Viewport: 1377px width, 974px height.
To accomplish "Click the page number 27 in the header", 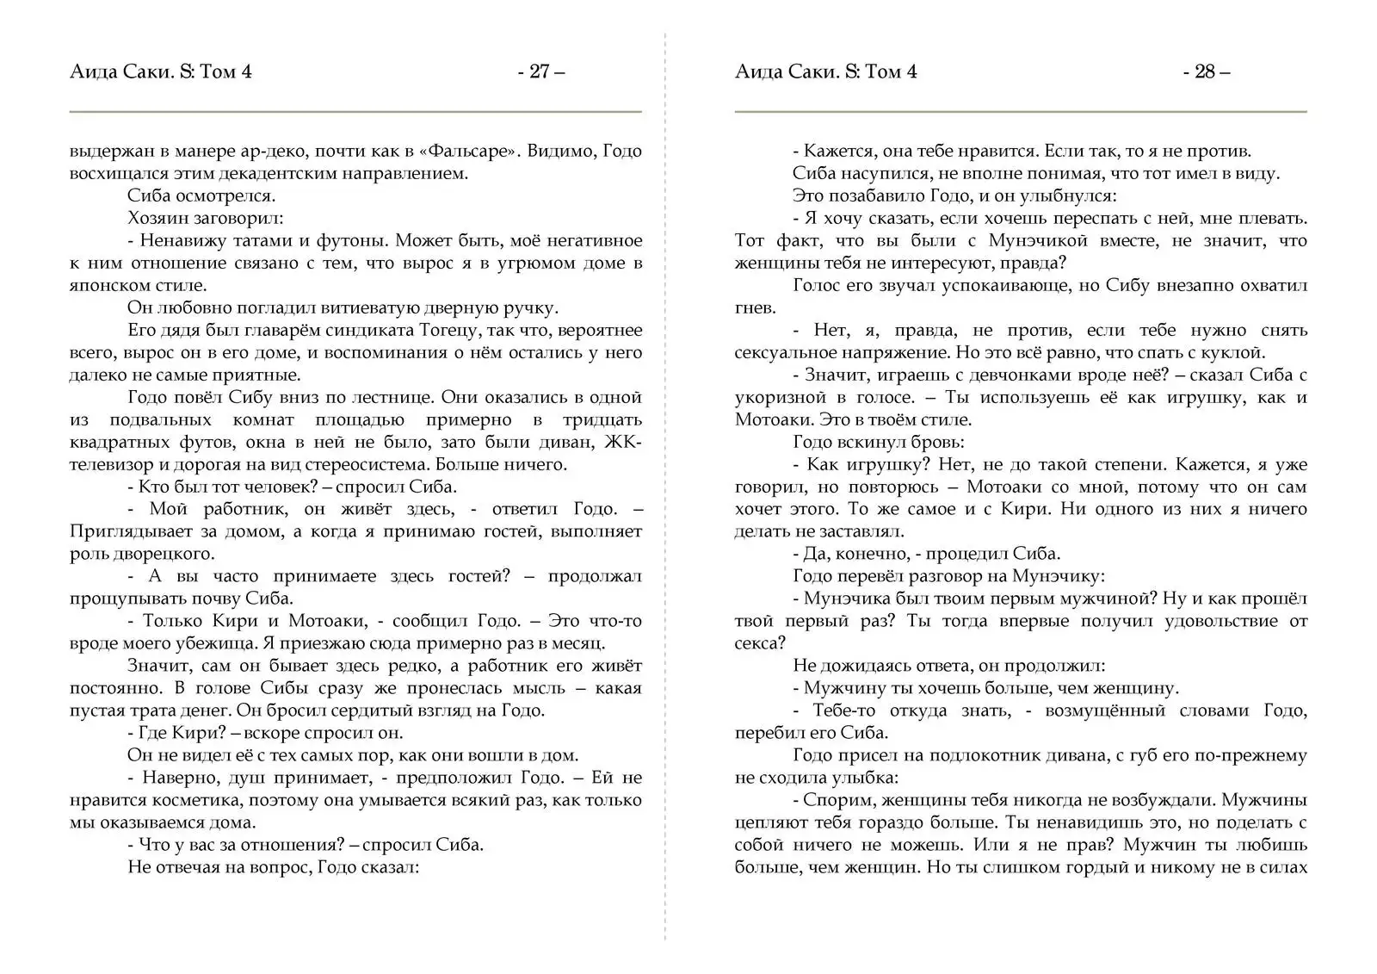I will (540, 71).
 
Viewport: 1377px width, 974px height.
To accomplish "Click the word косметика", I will (192, 800).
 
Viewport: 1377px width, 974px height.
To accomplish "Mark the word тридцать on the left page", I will (602, 419).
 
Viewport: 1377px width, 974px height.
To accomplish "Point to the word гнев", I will (755, 307).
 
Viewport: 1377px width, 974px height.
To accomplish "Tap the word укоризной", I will (777, 397).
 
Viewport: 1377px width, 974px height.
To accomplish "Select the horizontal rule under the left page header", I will (355, 112).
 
